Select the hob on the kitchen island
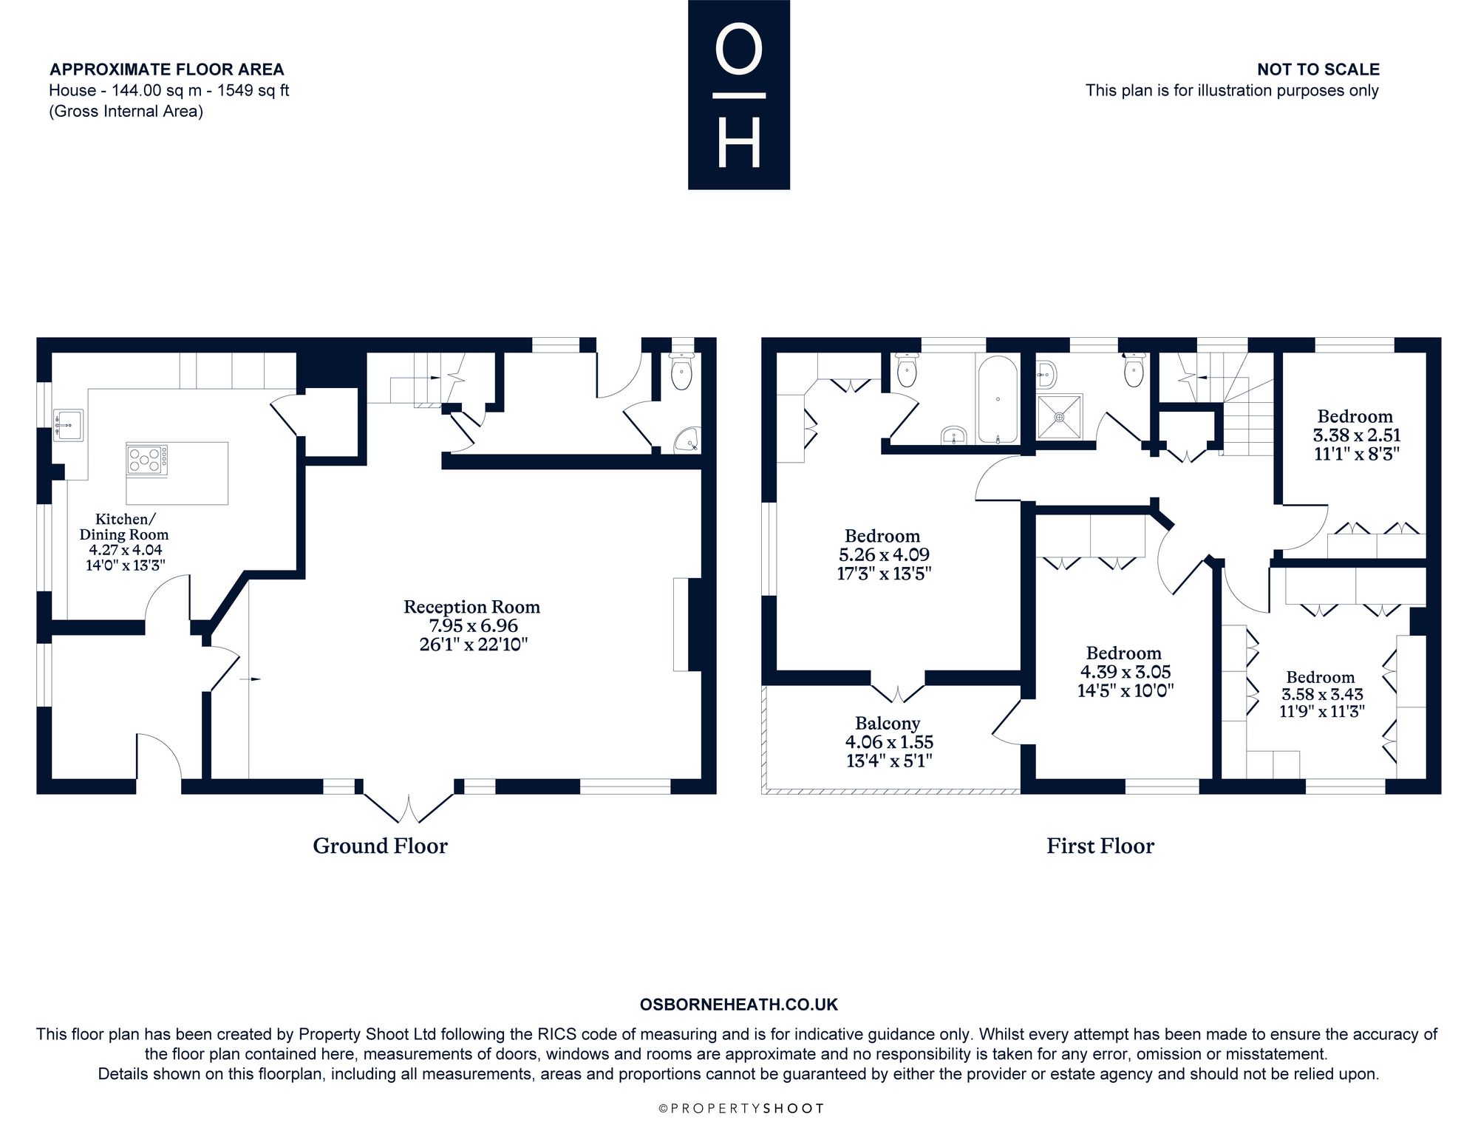[x=147, y=459]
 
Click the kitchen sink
[x=68, y=425]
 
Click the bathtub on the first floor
[x=998, y=400]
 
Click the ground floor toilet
[x=681, y=370]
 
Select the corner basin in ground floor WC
[x=688, y=441]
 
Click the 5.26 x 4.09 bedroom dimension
[x=884, y=554]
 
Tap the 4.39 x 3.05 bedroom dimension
[x=1125, y=672]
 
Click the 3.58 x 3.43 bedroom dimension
[x=1322, y=694]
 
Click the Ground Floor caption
[x=380, y=846]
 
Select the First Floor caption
[x=1100, y=846]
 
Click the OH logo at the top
[x=739, y=95]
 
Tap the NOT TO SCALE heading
[x=1318, y=69]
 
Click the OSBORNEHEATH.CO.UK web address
[x=739, y=1005]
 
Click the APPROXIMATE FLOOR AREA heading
[x=167, y=69]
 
